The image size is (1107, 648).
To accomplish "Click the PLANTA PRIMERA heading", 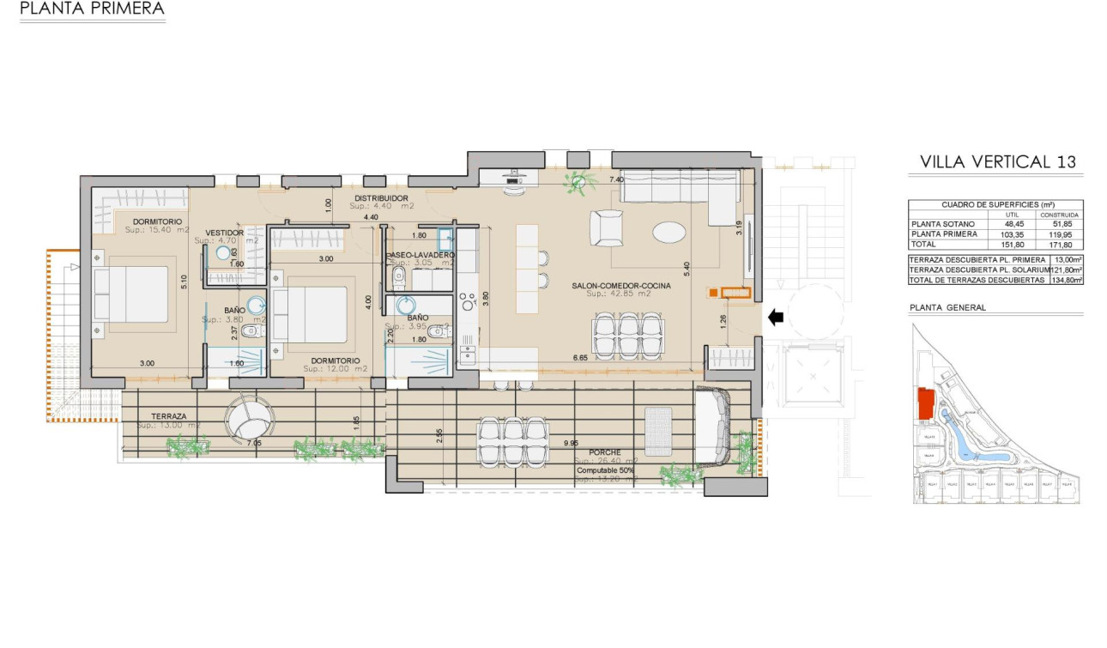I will (91, 9).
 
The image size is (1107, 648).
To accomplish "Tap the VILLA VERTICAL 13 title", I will (997, 161).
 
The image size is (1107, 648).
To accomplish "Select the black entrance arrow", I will (775, 318).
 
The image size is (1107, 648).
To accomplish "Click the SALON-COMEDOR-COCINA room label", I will (622, 285).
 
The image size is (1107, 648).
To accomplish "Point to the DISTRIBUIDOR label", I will (380, 198).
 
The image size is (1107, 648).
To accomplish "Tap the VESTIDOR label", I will (225, 233).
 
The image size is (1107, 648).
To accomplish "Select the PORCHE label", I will (605, 451).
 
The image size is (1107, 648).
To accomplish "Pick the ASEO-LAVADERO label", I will (420, 255).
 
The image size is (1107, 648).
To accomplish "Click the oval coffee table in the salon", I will (669, 233).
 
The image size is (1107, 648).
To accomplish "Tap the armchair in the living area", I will (607, 227).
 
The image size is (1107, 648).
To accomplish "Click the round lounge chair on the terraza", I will (249, 418).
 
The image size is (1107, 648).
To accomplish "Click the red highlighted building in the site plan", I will (926, 403).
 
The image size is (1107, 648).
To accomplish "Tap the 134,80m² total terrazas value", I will (1067, 280).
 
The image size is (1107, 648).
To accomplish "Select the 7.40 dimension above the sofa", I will (615, 180).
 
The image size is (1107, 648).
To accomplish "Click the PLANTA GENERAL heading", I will (947, 307).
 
